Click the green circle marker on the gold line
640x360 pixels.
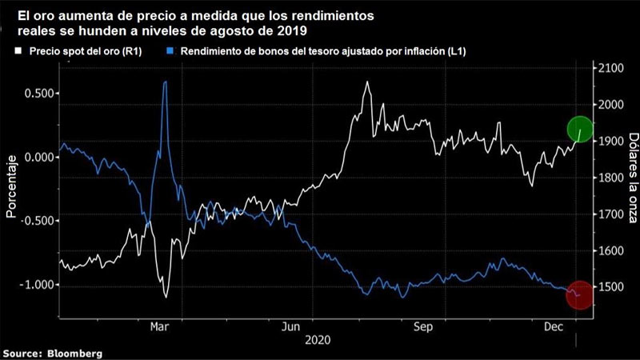click(x=580, y=128)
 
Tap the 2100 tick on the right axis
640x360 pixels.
click(x=610, y=68)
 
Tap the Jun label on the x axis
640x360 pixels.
click(x=291, y=326)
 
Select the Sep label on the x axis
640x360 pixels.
click(x=423, y=326)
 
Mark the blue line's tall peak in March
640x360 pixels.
click(x=165, y=82)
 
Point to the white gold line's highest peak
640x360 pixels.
click(x=367, y=82)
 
